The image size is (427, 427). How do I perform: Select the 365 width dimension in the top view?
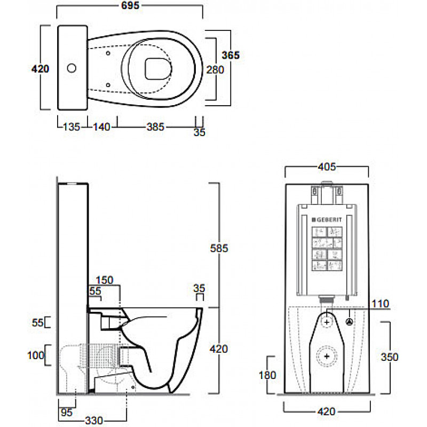(x=231, y=54)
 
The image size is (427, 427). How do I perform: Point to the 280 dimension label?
(x=216, y=69)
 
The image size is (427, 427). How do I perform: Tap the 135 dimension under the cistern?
(x=72, y=127)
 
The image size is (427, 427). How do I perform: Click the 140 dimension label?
(x=101, y=127)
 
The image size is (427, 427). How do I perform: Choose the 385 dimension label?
(x=155, y=127)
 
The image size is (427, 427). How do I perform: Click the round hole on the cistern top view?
(x=72, y=68)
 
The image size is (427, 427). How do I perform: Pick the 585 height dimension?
(x=220, y=248)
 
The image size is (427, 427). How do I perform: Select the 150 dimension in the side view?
(x=105, y=280)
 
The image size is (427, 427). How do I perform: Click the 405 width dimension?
(x=327, y=167)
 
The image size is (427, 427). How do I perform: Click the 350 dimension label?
(x=390, y=357)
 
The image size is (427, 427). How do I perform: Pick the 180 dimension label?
(x=267, y=375)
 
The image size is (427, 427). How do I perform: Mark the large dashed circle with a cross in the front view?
(x=326, y=356)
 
